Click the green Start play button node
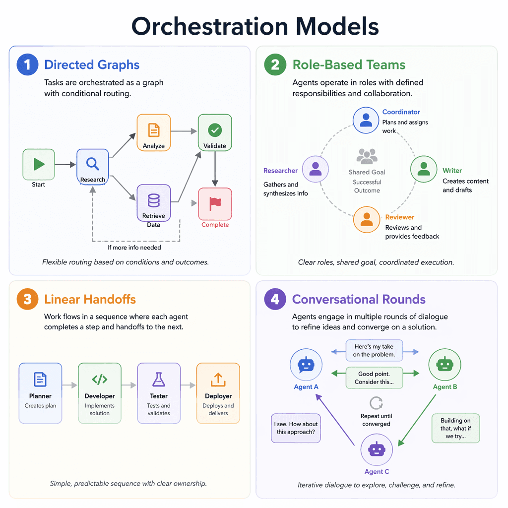[39, 164]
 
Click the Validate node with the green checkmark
[215, 130]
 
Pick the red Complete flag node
[215, 203]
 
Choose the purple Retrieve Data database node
[154, 202]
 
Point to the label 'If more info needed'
[134, 247]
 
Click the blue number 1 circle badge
[27, 65]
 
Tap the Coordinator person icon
[366, 121]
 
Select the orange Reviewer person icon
[367, 219]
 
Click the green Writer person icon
[424, 170]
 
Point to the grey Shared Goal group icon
[367, 157]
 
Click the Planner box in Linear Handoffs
[40, 393]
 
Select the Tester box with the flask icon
[159, 393]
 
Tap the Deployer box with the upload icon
[218, 393]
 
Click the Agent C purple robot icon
[376, 450]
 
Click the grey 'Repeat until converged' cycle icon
[376, 402]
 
